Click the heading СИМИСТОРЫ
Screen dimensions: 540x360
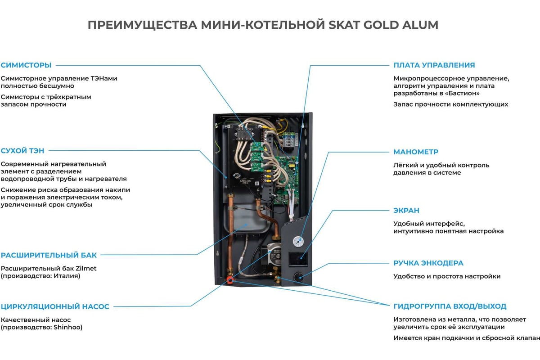(26, 65)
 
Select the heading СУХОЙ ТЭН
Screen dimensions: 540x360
(22, 151)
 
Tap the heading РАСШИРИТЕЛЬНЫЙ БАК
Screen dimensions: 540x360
(49, 255)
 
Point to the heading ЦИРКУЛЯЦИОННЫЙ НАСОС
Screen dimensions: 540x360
(55, 307)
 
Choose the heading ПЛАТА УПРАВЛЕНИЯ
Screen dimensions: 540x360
(434, 65)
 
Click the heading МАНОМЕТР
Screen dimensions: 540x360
(415, 152)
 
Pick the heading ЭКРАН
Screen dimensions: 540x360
(406, 210)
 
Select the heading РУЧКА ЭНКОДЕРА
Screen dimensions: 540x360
(428, 263)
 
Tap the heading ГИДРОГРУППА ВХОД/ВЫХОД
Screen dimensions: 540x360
(450, 306)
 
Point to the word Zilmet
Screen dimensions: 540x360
(84, 268)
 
